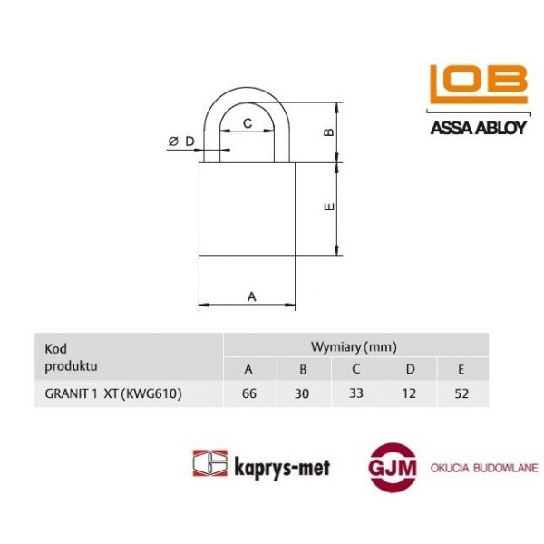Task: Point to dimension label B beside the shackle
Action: click(x=330, y=132)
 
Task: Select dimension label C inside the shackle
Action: click(x=246, y=121)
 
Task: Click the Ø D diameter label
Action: click(x=181, y=141)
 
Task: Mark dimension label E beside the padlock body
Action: click(x=330, y=208)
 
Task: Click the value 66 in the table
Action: click(x=249, y=394)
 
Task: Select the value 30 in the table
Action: click(x=304, y=394)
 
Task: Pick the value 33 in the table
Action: click(x=356, y=394)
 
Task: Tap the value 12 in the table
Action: click(x=410, y=394)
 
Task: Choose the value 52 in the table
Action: click(x=462, y=394)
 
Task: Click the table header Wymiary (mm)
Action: click(x=354, y=346)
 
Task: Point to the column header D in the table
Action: click(x=410, y=368)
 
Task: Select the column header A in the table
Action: click(x=249, y=368)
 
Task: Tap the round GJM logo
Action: click(x=387, y=467)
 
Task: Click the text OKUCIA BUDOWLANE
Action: click(x=484, y=467)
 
